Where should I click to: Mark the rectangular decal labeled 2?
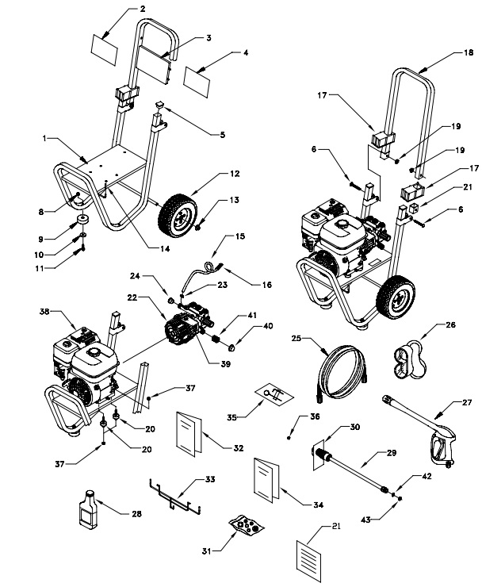[105, 43]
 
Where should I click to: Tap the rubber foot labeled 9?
[82, 221]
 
